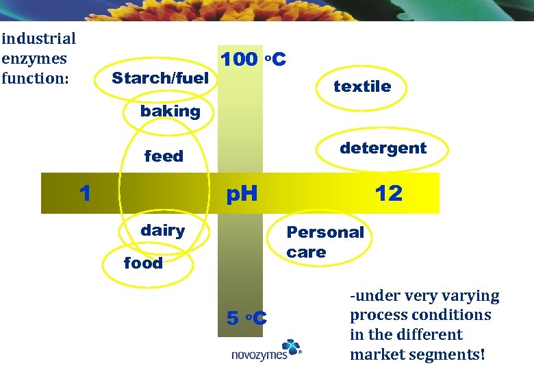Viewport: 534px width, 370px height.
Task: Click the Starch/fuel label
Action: pos(160,79)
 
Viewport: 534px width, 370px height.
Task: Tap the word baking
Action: pos(170,111)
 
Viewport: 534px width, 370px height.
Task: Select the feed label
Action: pos(164,156)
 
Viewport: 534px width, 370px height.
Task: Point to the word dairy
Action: pos(162,230)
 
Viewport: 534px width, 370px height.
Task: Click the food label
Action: pos(143,263)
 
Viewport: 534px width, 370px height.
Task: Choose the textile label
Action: pos(362,86)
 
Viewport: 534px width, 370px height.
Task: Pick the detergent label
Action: pos(383,148)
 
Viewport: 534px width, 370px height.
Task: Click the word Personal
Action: pos(325,232)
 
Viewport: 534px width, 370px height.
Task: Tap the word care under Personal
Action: pos(306,252)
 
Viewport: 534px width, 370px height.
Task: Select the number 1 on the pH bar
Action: pos(85,193)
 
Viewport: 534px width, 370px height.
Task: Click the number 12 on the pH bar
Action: pos(388,193)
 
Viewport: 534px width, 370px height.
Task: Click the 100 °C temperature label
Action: pos(253,60)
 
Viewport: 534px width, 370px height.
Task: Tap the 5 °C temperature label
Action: pos(246,318)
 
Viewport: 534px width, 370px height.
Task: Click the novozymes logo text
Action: pos(256,354)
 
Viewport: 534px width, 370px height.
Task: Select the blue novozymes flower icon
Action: pos(291,347)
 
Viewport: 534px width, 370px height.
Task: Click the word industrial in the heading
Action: pos(38,39)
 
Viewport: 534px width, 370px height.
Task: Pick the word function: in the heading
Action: pos(36,78)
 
